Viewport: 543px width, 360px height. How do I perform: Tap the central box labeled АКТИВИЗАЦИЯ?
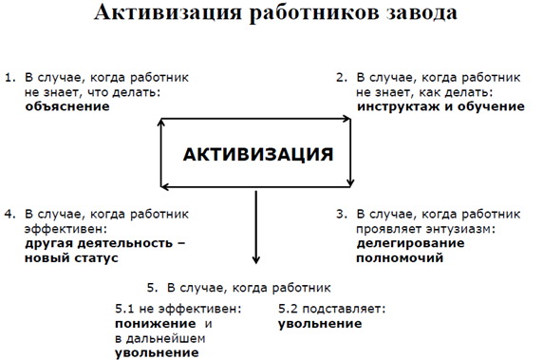coord(257,154)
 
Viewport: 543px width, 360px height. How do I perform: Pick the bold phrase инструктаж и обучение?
coord(440,106)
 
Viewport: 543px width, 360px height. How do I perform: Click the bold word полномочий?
coord(396,258)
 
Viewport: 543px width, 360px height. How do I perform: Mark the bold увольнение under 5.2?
coord(319,324)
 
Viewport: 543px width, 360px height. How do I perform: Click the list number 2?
coord(342,77)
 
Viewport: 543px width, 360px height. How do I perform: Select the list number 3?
coord(342,215)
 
